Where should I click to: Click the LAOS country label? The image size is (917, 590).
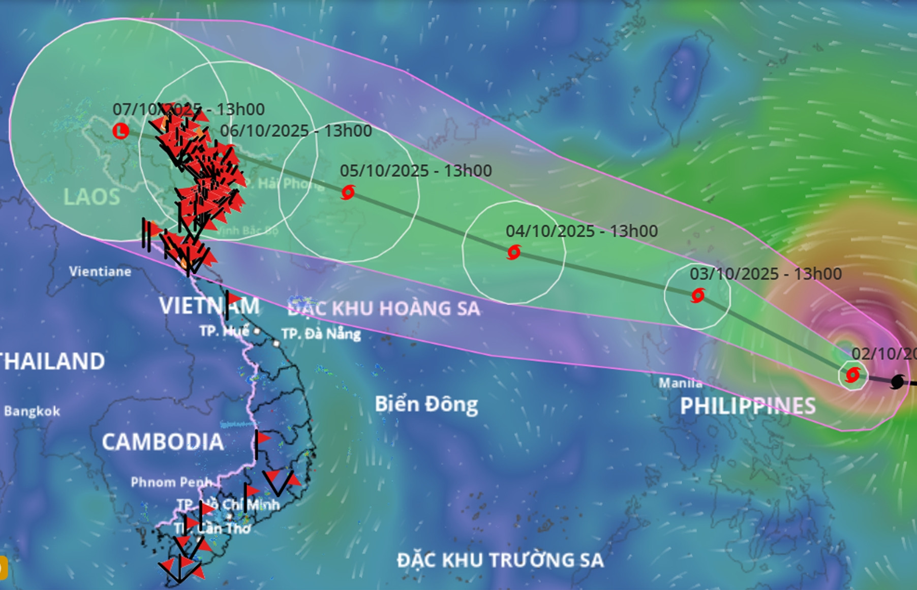point(91,197)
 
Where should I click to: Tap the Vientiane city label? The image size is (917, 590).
point(100,271)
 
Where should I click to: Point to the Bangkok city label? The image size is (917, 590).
point(32,411)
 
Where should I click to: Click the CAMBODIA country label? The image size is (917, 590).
point(163,442)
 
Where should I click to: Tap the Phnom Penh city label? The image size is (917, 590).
point(171,482)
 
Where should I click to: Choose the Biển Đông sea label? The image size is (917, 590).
point(426,405)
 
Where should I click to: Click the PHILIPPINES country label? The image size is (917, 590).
point(748,406)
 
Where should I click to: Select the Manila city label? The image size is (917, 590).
point(680,383)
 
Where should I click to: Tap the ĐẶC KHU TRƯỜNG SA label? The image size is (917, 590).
point(500,560)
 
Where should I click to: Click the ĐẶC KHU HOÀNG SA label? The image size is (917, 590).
point(384,308)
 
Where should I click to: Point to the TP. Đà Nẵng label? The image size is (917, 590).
point(321,334)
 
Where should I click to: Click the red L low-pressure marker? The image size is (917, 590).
point(120,131)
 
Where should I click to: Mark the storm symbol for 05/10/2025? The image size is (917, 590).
point(348,193)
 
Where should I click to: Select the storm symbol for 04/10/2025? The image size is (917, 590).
point(514,252)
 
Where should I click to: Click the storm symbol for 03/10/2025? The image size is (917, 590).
point(698,295)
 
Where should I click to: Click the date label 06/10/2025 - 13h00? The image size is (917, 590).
point(296,131)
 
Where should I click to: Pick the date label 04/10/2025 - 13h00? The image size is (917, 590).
point(582,231)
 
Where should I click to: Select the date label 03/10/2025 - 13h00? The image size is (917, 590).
point(766,274)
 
